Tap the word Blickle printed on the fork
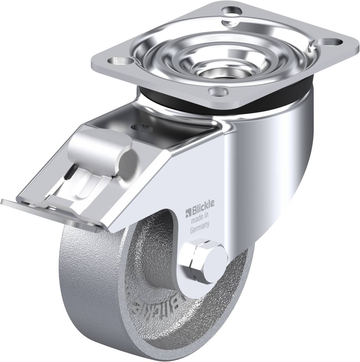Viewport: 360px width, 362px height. [x=200, y=211]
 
